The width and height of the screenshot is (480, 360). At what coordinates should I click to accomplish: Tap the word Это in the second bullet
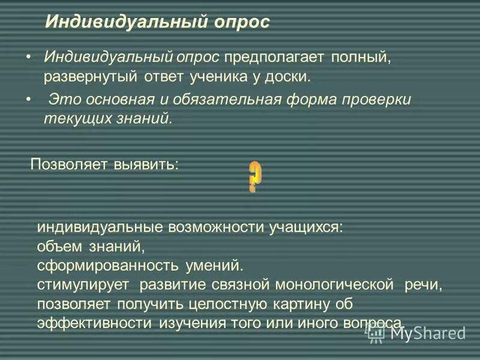click(60, 100)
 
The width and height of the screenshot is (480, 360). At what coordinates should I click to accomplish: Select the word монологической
click(338, 284)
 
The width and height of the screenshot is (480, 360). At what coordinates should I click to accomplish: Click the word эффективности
click(94, 323)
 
